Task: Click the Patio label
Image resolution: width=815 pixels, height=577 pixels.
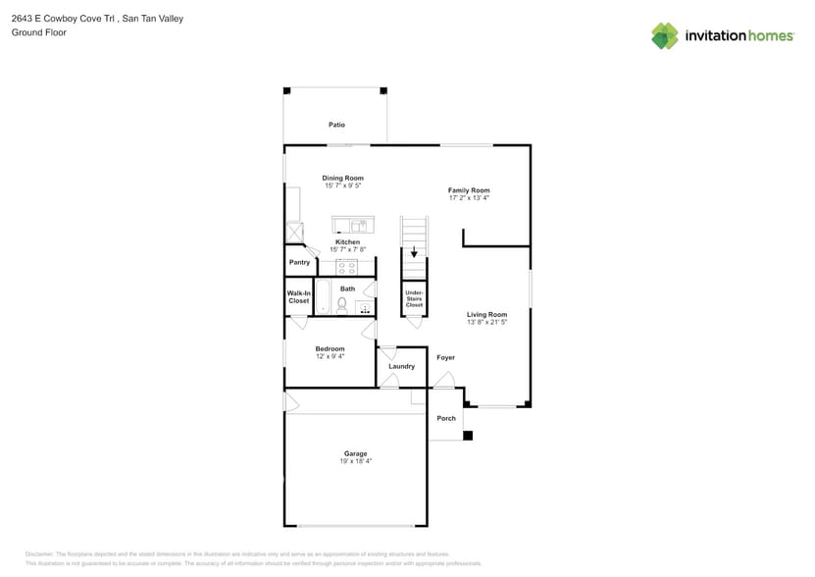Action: (336, 125)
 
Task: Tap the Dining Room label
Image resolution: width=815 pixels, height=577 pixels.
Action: (342, 179)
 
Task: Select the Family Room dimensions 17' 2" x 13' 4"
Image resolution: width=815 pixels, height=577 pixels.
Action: (468, 198)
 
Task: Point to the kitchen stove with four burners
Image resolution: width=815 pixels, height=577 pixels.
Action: (348, 267)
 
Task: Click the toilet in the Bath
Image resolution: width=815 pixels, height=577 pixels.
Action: (341, 306)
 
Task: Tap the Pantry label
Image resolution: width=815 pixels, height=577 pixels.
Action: (299, 262)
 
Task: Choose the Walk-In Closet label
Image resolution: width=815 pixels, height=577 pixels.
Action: (298, 297)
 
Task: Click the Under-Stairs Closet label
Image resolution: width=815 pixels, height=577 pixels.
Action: (414, 298)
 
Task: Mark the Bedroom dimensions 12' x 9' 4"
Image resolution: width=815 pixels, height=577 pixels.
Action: (330, 357)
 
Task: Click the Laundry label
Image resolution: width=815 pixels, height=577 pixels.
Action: (401, 366)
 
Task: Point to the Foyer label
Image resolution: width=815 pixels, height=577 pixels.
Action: (445, 357)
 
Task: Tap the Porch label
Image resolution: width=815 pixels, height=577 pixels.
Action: (446, 418)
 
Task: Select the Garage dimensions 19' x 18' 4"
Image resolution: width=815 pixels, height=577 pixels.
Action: (355, 461)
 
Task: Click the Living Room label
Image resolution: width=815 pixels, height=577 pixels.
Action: (486, 314)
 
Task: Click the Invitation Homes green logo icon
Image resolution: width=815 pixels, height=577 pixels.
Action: (665, 36)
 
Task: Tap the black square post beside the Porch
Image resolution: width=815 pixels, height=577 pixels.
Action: (468, 436)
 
